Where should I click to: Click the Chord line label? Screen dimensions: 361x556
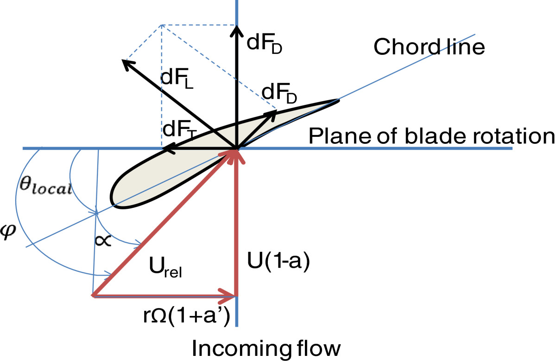click(429, 47)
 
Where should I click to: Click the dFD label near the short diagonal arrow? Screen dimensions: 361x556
click(279, 92)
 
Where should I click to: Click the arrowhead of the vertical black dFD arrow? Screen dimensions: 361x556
click(237, 29)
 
